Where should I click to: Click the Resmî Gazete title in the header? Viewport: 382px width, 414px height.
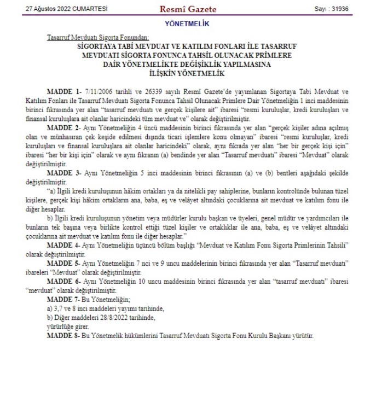pos(187,9)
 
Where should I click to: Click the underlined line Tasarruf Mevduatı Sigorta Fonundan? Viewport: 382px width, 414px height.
pos(98,38)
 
